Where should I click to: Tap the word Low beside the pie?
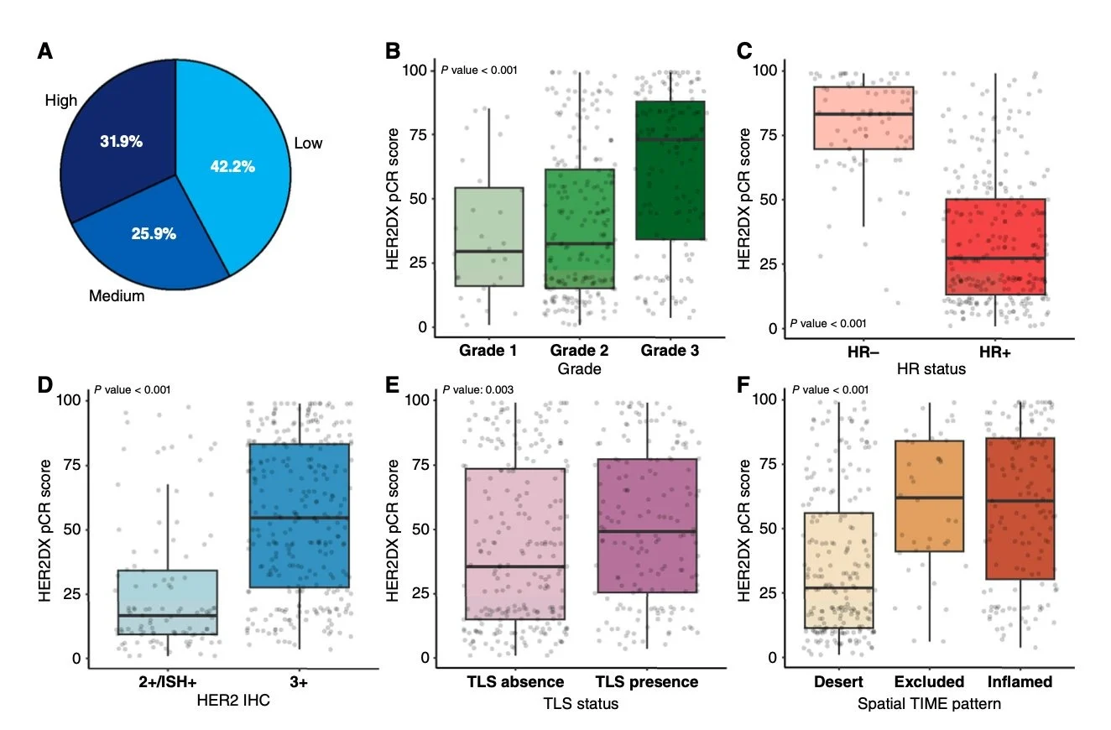pos(308,143)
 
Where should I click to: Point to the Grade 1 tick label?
pos(488,349)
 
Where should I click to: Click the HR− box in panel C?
pos(863,117)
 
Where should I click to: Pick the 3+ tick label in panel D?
pos(298,682)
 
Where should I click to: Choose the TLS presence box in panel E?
pos(647,537)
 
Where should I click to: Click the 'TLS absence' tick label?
pos(515,682)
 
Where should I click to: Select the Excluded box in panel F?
pos(928,496)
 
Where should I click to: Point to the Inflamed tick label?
pos(1020,681)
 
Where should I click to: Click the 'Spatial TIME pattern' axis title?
pos(929,703)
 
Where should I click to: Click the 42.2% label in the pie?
pos(232,166)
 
